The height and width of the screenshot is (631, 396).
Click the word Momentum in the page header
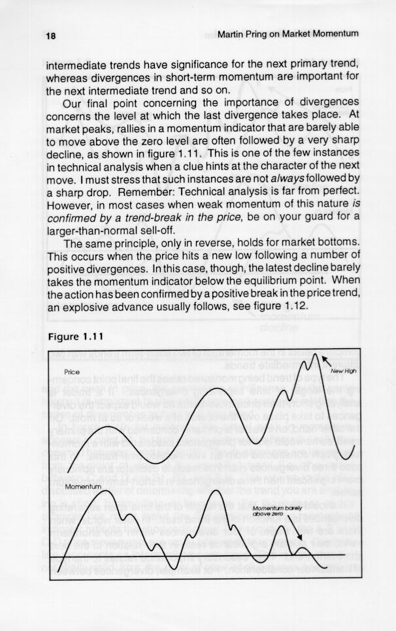[x=333, y=33]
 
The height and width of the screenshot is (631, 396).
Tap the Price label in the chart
[x=72, y=372]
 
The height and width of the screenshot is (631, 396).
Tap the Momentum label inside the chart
[x=82, y=487]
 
